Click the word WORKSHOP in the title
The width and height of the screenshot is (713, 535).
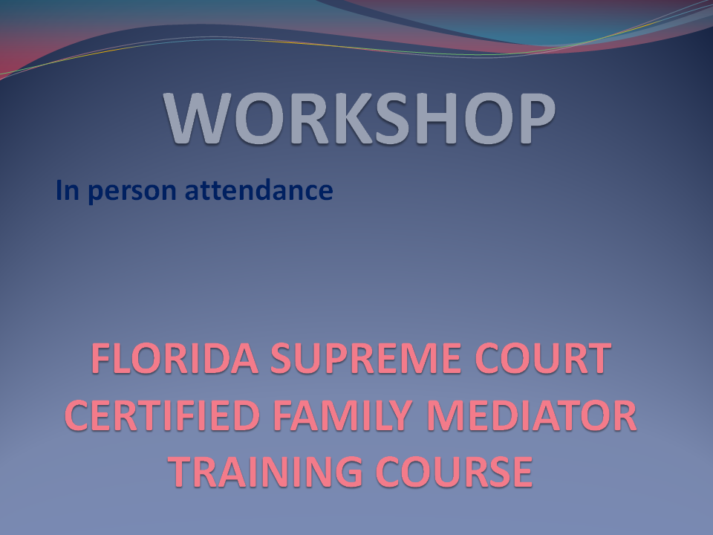pyautogui.click(x=359, y=118)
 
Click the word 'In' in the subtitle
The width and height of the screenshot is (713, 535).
pyautogui.click(x=68, y=190)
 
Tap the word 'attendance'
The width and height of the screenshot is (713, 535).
pyautogui.click(x=258, y=190)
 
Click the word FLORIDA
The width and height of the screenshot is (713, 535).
pyautogui.click(x=175, y=358)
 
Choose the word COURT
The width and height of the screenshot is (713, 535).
pyautogui.click(x=543, y=358)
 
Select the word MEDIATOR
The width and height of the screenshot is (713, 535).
pyautogui.click(x=531, y=415)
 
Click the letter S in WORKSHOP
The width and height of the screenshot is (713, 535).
pyautogui.click(x=398, y=118)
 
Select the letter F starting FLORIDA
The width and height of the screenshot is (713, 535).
pyautogui.click(x=101, y=358)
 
